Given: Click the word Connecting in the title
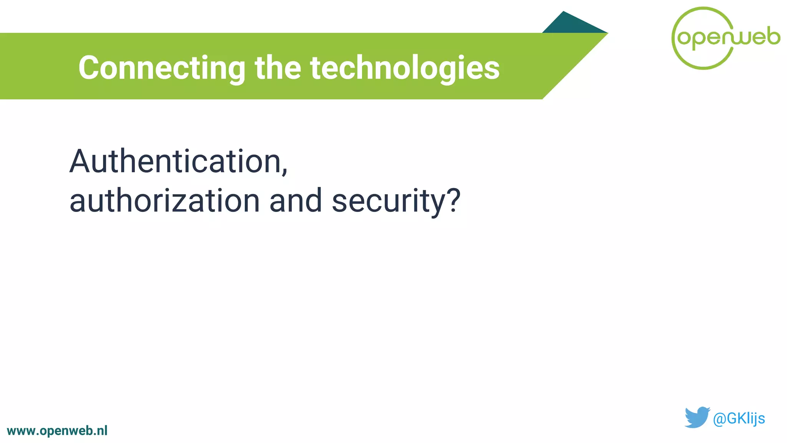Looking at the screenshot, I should tap(162, 68).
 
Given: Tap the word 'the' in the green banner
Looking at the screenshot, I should tap(278, 68).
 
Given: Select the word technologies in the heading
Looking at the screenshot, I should tap(405, 68).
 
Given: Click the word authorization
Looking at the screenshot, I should tap(164, 201).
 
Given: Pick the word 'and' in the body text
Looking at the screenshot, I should tap(296, 201).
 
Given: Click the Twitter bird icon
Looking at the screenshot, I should tap(697, 417).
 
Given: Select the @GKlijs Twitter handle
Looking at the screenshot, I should tap(739, 418).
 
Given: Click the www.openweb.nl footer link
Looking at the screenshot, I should tap(57, 431).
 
